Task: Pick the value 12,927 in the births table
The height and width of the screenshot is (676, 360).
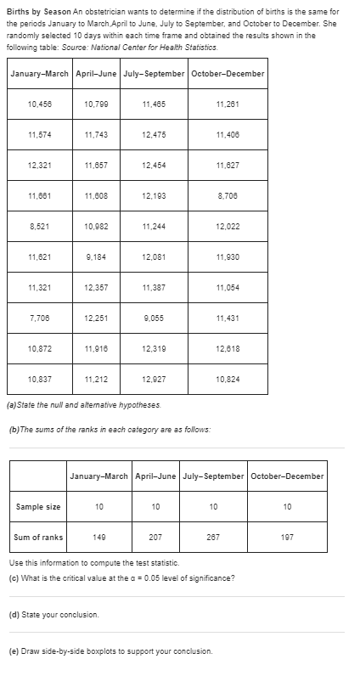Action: click(154, 378)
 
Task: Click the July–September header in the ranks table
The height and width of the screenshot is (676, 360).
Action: click(213, 476)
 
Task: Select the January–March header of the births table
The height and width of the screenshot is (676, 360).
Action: click(40, 73)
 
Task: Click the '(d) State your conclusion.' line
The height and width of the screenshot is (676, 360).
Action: click(53, 614)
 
